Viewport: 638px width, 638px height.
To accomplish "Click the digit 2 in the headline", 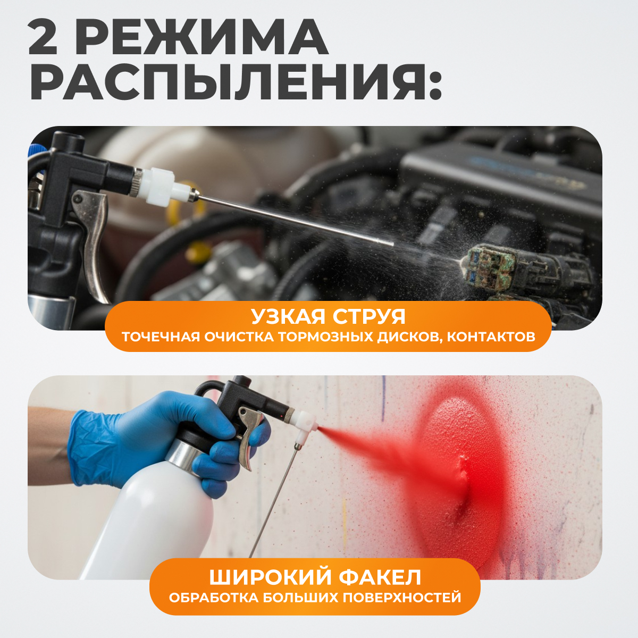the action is coord(43,37).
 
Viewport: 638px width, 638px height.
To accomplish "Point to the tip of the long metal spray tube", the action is coord(393,245).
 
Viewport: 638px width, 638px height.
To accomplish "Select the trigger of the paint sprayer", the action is coord(247,437).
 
